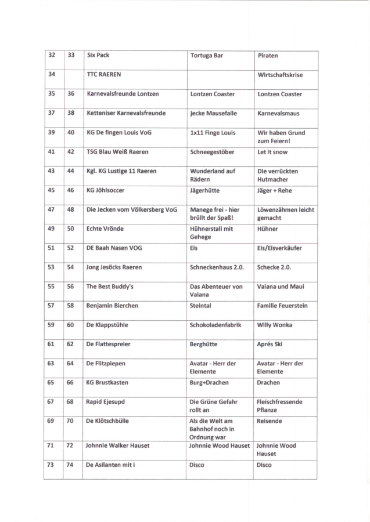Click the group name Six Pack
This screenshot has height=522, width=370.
(98, 56)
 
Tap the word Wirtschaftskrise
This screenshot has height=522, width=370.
(280, 75)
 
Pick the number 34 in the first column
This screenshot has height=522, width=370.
(52, 75)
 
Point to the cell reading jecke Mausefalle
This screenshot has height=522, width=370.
(213, 113)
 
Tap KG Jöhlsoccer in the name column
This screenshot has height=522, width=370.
(105, 190)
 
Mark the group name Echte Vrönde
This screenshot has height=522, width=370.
(105, 229)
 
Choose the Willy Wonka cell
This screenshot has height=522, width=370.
(273, 325)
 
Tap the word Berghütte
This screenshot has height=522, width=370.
(203, 344)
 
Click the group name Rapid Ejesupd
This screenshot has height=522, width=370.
(106, 401)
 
